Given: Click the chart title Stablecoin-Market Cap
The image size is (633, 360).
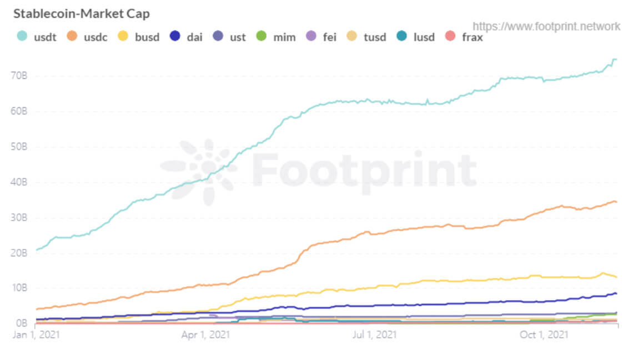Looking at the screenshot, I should tap(81, 13).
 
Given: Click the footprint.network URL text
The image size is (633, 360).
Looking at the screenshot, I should tap(546, 26).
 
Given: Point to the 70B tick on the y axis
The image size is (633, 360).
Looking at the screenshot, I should tap(19, 76).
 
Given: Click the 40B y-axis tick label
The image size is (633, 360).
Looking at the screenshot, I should tap(19, 182).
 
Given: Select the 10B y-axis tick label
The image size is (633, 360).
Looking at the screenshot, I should tap(19, 288).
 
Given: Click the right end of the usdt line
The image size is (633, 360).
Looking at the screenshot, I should tap(616, 59).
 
